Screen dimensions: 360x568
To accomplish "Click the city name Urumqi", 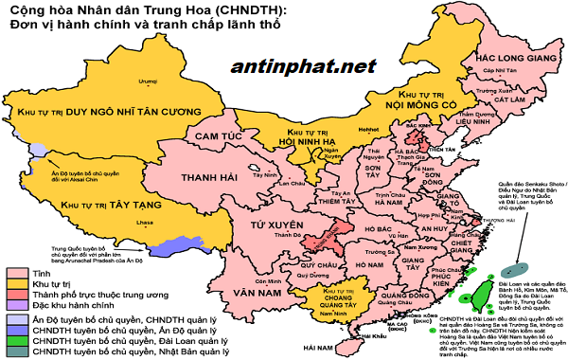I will [x=145, y=82].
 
